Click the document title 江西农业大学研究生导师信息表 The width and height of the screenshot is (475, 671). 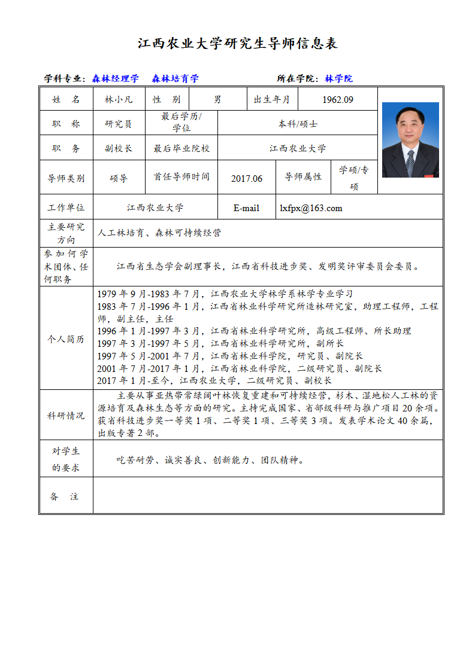(238, 44)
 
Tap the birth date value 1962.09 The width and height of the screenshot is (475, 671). (337, 100)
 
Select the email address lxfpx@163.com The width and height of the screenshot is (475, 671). (311, 208)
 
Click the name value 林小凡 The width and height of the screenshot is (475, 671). (118, 100)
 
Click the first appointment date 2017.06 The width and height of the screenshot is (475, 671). (246, 178)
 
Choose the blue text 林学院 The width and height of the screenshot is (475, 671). (339, 78)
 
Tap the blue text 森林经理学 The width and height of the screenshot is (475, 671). (116, 78)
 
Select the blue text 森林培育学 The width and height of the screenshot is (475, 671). (175, 78)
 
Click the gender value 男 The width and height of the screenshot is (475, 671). (217, 100)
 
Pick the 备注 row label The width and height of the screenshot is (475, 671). (65, 496)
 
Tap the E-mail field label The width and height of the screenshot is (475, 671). (246, 208)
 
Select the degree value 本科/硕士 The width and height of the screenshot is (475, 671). (298, 124)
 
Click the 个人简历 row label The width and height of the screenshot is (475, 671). (65, 339)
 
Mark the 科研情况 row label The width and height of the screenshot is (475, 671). (65, 416)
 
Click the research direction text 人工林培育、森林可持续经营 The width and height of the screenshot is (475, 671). (159, 233)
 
